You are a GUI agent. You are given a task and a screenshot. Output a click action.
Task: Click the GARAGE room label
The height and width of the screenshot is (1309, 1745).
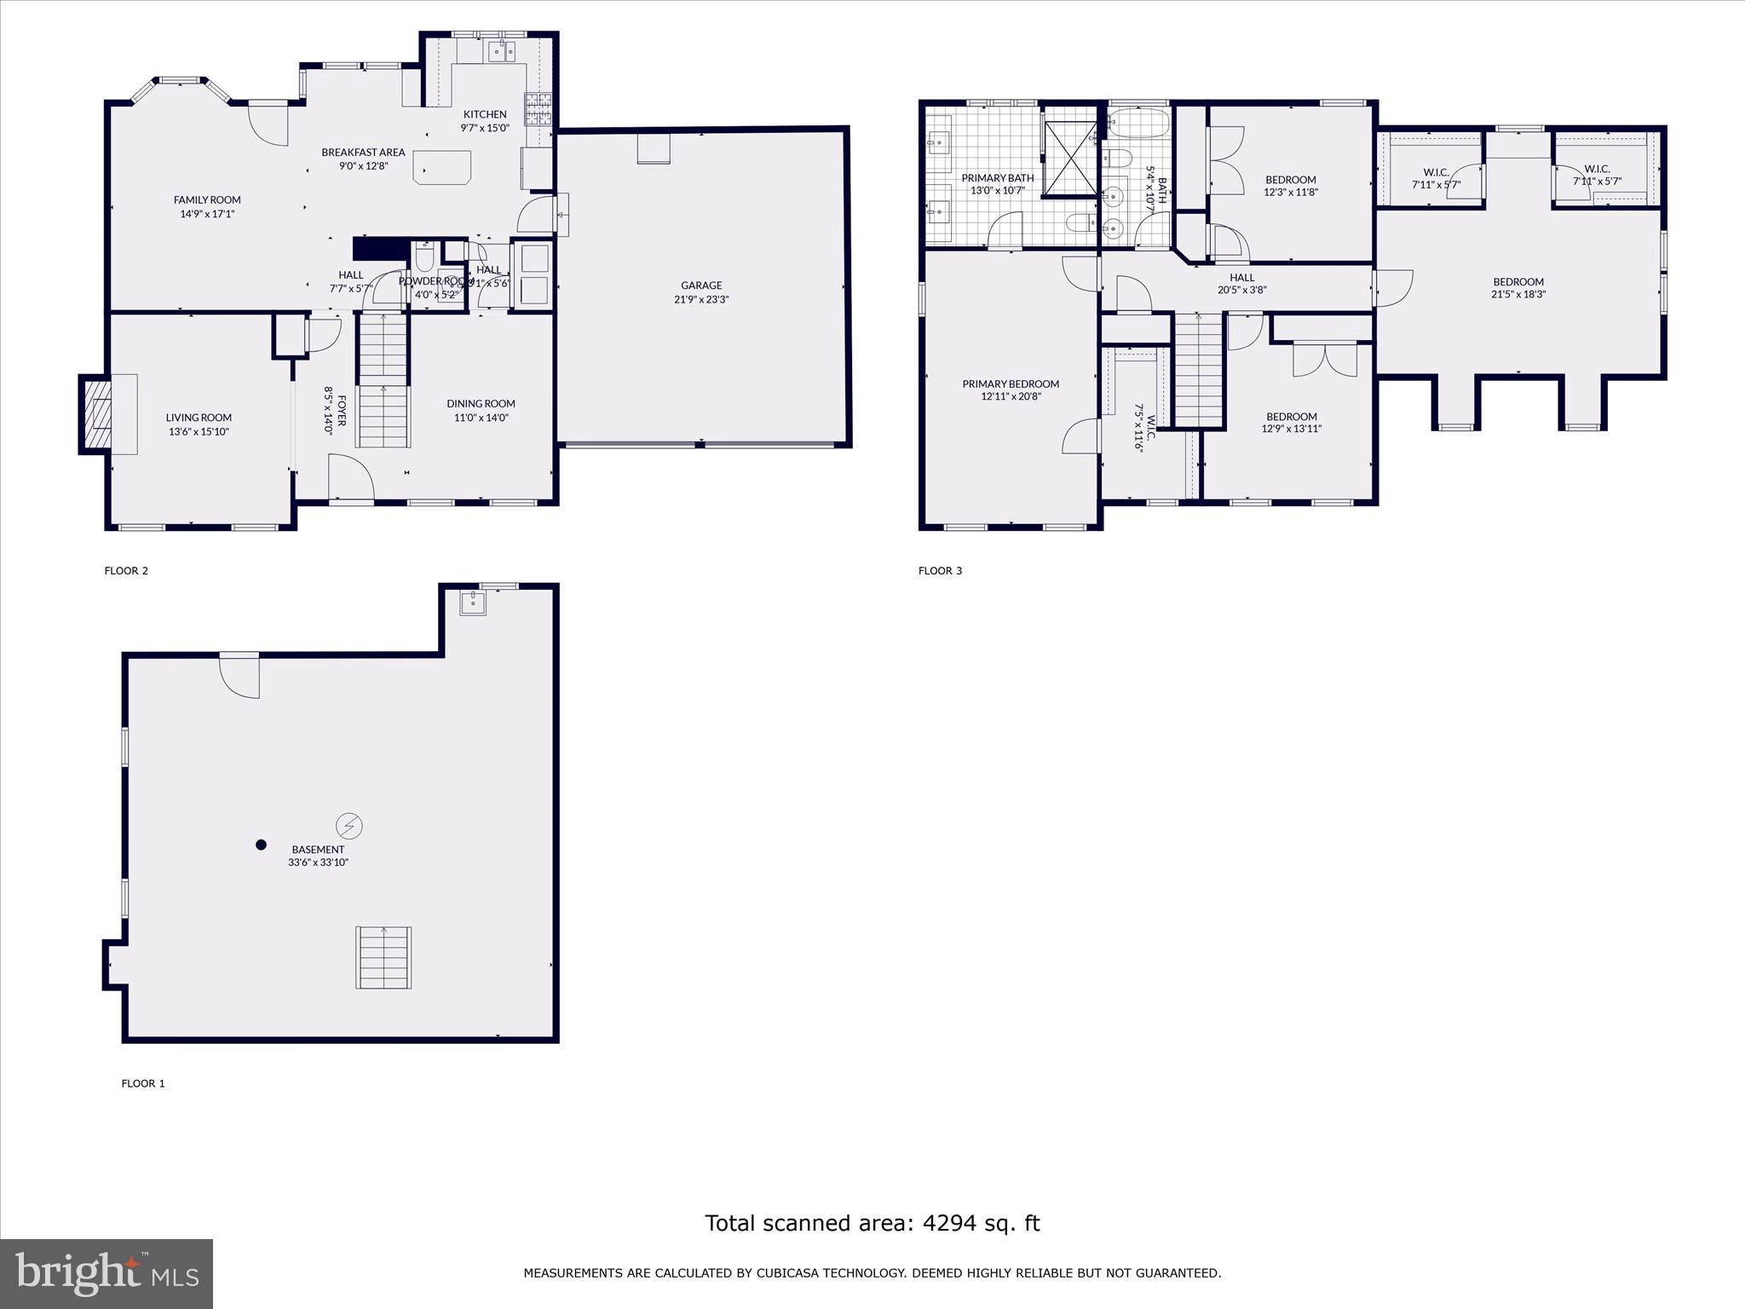701,285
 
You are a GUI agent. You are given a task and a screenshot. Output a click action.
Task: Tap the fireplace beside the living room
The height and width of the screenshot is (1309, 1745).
96,414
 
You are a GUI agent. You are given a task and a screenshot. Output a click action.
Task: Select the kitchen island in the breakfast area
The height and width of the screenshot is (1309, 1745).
442,167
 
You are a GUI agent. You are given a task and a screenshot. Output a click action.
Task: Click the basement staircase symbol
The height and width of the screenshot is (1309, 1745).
383,957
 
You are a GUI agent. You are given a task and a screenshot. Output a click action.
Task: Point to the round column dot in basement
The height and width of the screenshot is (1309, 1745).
262,845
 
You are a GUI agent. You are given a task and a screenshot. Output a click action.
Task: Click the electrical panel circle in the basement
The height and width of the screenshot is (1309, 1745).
349,825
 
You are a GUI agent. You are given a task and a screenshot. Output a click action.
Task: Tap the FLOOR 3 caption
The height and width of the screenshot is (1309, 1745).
940,571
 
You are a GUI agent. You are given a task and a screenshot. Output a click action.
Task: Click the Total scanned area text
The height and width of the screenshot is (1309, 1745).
872,1224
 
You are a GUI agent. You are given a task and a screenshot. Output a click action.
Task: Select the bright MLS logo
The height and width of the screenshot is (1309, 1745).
107,1273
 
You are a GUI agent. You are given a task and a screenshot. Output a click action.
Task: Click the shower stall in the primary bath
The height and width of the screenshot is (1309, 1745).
1070,159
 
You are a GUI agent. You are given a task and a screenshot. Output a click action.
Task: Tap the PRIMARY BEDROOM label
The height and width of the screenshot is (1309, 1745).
1011,384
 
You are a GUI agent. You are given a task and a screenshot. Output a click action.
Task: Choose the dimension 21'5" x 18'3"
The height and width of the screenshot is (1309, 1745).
1518,295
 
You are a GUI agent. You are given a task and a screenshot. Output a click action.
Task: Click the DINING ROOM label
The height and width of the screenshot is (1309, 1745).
481,404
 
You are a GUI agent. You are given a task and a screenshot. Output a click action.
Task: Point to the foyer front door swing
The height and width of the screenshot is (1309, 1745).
350,477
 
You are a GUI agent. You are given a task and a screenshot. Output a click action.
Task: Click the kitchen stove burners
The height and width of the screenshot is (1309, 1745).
538,108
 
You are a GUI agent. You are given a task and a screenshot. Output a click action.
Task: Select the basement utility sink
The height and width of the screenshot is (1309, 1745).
473,603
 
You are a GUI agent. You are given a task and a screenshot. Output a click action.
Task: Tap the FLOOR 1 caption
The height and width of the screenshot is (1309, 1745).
143,1084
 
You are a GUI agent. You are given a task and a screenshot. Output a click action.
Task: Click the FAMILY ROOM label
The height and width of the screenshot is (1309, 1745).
207,200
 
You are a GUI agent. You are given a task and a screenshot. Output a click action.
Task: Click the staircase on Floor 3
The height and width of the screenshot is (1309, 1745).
1199,370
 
